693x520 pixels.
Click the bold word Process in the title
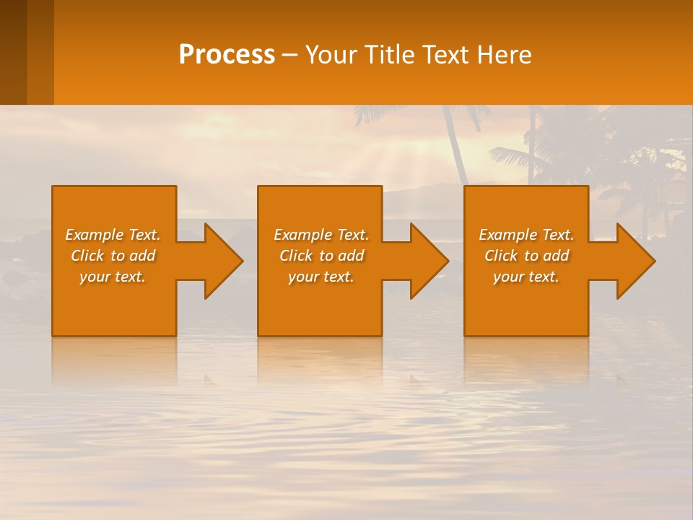tap(227, 55)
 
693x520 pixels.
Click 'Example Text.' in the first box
tap(113, 235)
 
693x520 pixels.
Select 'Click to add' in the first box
tap(113, 256)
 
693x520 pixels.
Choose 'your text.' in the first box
tap(113, 277)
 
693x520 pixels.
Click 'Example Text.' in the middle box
tap(321, 235)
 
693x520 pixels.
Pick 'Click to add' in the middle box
tap(321, 256)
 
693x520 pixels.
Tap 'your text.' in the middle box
tap(321, 277)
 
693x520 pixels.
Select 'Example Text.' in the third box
tap(526, 235)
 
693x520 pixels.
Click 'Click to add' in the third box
tap(526, 256)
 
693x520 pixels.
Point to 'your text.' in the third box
tap(526, 277)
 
